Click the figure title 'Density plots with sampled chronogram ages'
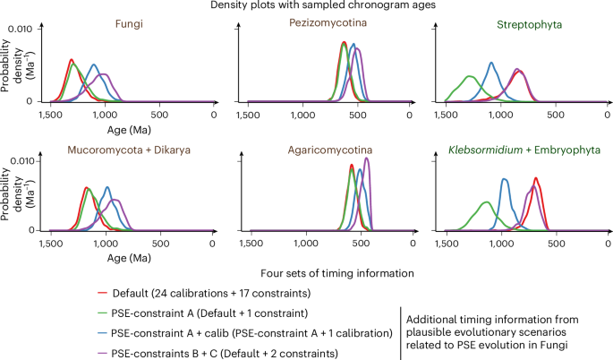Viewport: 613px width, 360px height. [306, 7]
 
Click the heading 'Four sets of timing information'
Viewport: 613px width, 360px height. [305, 273]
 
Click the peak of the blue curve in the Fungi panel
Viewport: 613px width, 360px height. [94, 64]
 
